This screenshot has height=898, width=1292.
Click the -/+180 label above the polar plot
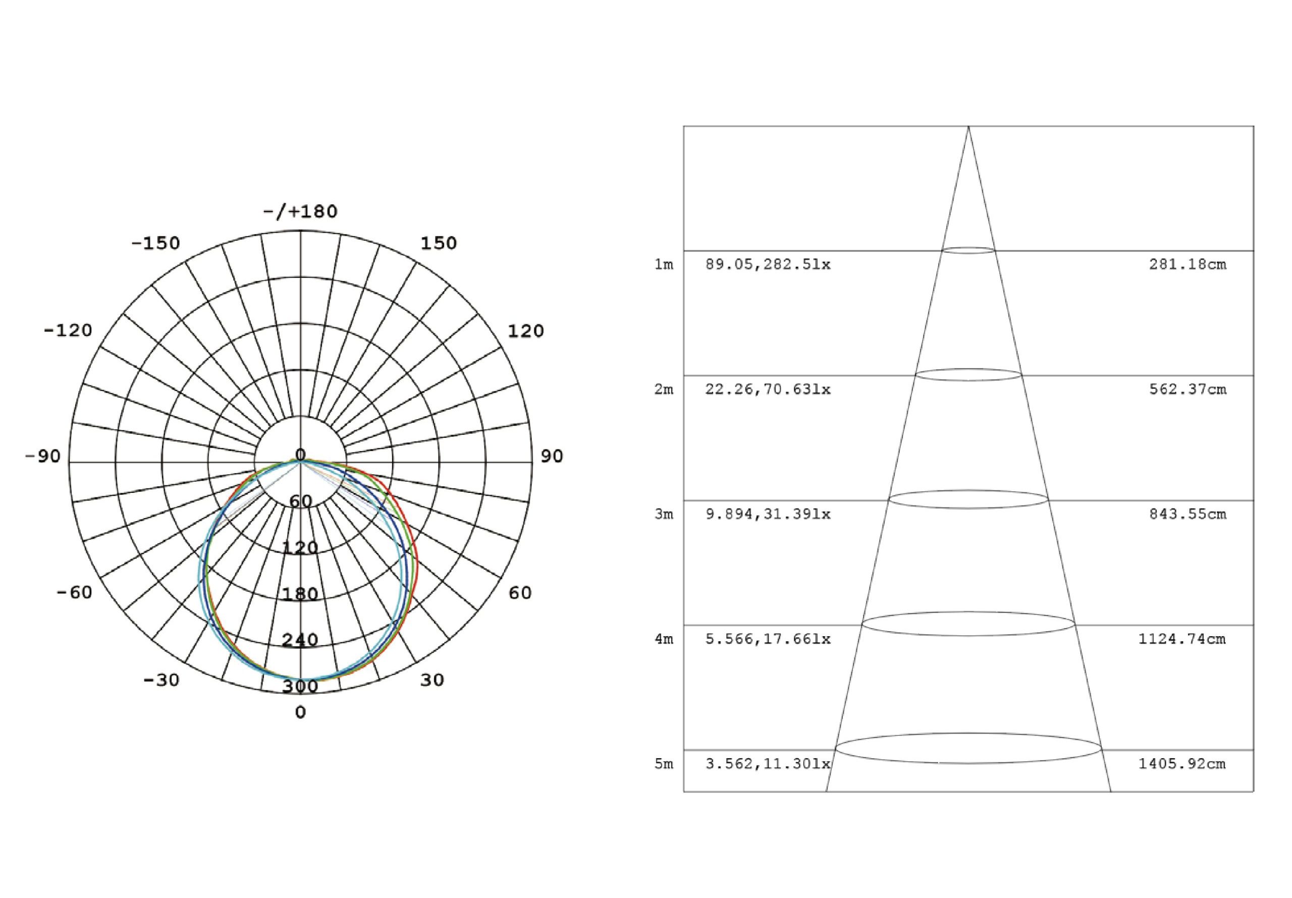click(300, 211)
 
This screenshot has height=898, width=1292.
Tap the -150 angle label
click(155, 243)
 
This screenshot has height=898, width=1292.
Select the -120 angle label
click(68, 330)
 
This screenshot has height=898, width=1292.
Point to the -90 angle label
click(43, 456)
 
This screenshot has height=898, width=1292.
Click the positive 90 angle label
click(552, 456)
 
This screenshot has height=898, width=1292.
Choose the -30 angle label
click(161, 680)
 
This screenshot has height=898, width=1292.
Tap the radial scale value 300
click(300, 687)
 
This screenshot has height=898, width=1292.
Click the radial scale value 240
click(300, 640)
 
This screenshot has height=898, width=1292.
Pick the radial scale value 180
click(300, 594)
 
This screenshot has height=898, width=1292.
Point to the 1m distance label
click(664, 264)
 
